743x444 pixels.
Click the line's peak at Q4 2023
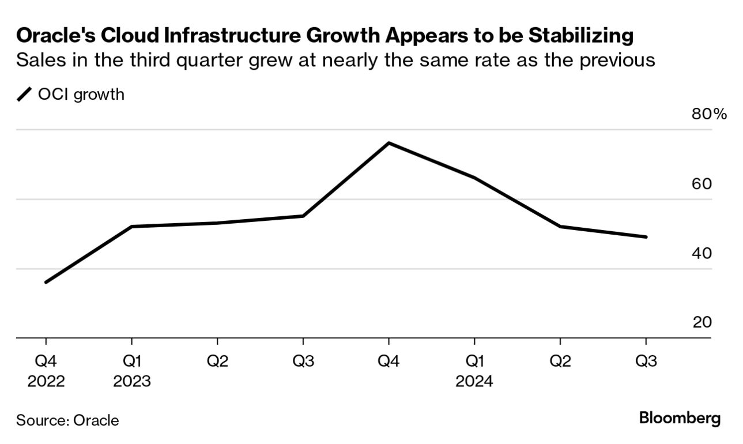(x=389, y=142)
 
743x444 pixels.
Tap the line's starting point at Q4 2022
(x=46, y=282)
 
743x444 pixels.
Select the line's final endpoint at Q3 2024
(x=646, y=236)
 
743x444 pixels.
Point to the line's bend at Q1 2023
(x=132, y=226)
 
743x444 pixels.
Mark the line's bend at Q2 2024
(x=560, y=226)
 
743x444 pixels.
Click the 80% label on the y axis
(x=709, y=114)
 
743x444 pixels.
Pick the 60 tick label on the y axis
(x=702, y=184)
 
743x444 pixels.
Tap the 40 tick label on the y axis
(x=702, y=253)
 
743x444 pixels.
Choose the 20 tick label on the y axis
(x=702, y=322)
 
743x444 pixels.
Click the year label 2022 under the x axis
(x=47, y=381)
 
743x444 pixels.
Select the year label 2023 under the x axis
(x=132, y=381)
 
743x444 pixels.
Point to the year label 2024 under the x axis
(x=474, y=381)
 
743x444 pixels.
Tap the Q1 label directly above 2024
(x=474, y=362)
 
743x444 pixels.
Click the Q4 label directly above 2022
(x=47, y=362)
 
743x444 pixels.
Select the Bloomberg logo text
(x=680, y=418)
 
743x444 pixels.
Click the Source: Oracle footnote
(x=67, y=420)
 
